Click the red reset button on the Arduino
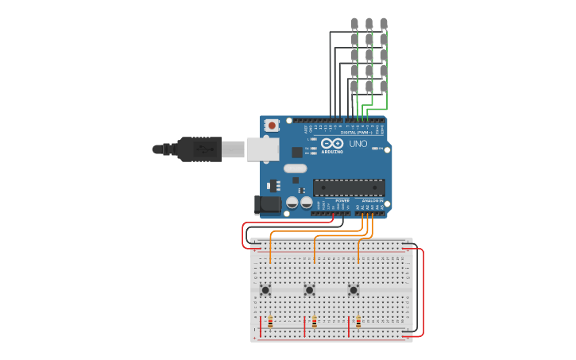click(x=272, y=125)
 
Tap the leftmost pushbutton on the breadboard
click(x=265, y=290)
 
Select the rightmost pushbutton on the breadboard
click(x=354, y=290)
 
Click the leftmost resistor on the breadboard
click(x=270, y=323)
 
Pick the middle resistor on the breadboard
click(x=314, y=323)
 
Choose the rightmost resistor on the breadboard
click(x=358, y=323)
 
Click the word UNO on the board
click(x=358, y=144)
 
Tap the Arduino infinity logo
click(x=333, y=142)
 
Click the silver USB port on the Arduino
click(x=262, y=149)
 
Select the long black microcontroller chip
click(x=349, y=188)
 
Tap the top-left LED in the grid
click(x=354, y=23)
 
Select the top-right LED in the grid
click(x=384, y=23)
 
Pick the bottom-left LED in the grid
click(x=354, y=86)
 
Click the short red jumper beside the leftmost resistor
click(x=261, y=326)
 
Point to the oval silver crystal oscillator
click(x=295, y=168)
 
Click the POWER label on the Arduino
click(x=342, y=200)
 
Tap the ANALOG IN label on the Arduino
click(x=371, y=200)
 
